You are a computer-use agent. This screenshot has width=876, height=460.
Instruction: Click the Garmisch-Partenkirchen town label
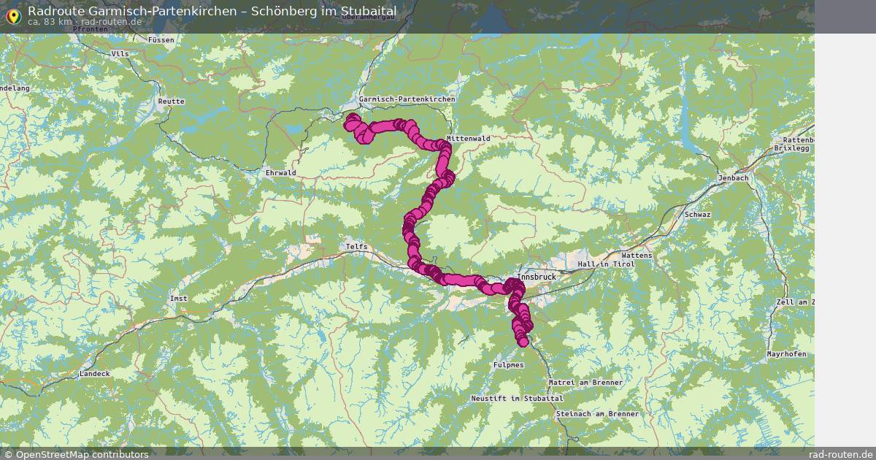click(x=407, y=99)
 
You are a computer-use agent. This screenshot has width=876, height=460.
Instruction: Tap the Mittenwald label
click(x=468, y=138)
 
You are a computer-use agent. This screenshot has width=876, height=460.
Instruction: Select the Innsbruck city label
click(x=537, y=277)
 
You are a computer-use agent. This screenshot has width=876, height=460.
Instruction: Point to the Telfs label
click(x=357, y=247)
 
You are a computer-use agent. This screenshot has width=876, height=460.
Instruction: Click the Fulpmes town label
click(x=508, y=364)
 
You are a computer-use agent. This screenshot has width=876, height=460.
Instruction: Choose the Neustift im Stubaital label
click(x=517, y=398)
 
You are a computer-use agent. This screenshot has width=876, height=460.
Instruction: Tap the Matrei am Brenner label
click(x=585, y=383)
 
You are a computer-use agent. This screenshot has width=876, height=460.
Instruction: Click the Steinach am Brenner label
click(x=596, y=414)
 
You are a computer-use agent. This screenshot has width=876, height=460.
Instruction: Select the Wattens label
click(x=637, y=256)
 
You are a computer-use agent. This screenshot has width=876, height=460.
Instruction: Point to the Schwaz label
click(x=697, y=215)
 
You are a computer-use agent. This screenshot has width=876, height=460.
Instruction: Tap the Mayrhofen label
click(x=786, y=354)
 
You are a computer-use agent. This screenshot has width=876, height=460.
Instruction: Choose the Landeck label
click(x=96, y=374)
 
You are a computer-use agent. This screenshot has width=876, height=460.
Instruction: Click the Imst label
click(x=178, y=299)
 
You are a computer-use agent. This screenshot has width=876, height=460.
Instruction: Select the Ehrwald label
click(x=281, y=173)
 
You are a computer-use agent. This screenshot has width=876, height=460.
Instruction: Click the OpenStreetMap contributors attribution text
click(x=81, y=454)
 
